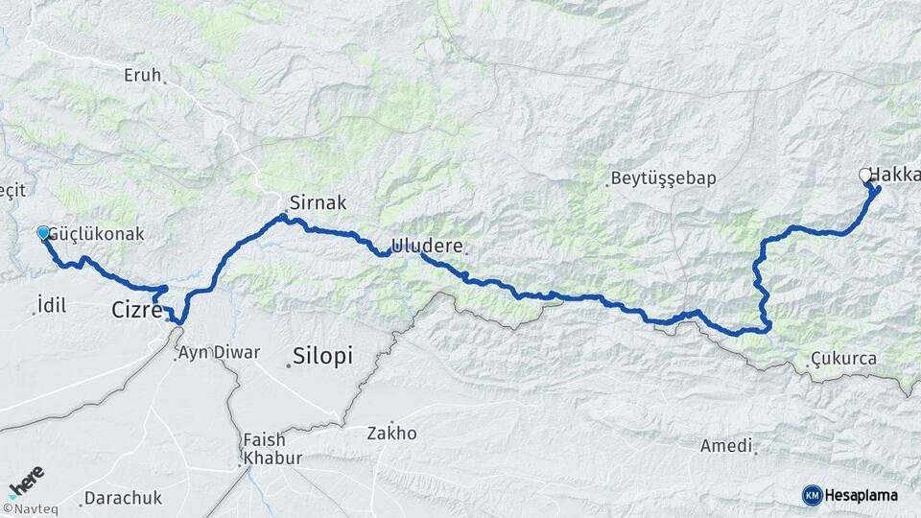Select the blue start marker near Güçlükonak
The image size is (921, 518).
point(42,233)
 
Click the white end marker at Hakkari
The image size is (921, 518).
point(865,175)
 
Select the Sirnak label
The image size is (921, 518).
point(318,202)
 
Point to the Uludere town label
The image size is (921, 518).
point(427,246)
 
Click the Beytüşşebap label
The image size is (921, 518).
point(663,179)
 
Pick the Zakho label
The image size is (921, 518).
point(391,433)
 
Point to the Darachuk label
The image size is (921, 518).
point(123,498)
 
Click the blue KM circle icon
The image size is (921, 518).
point(813,495)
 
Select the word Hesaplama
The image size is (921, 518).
point(862,495)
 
